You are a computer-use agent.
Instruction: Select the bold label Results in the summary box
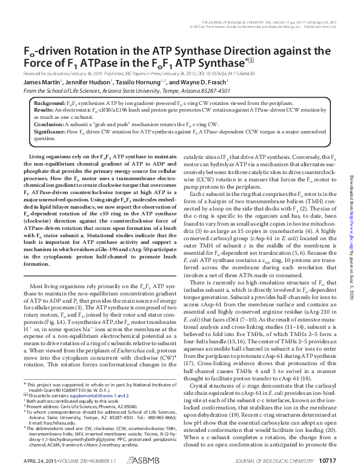[44, 110]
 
